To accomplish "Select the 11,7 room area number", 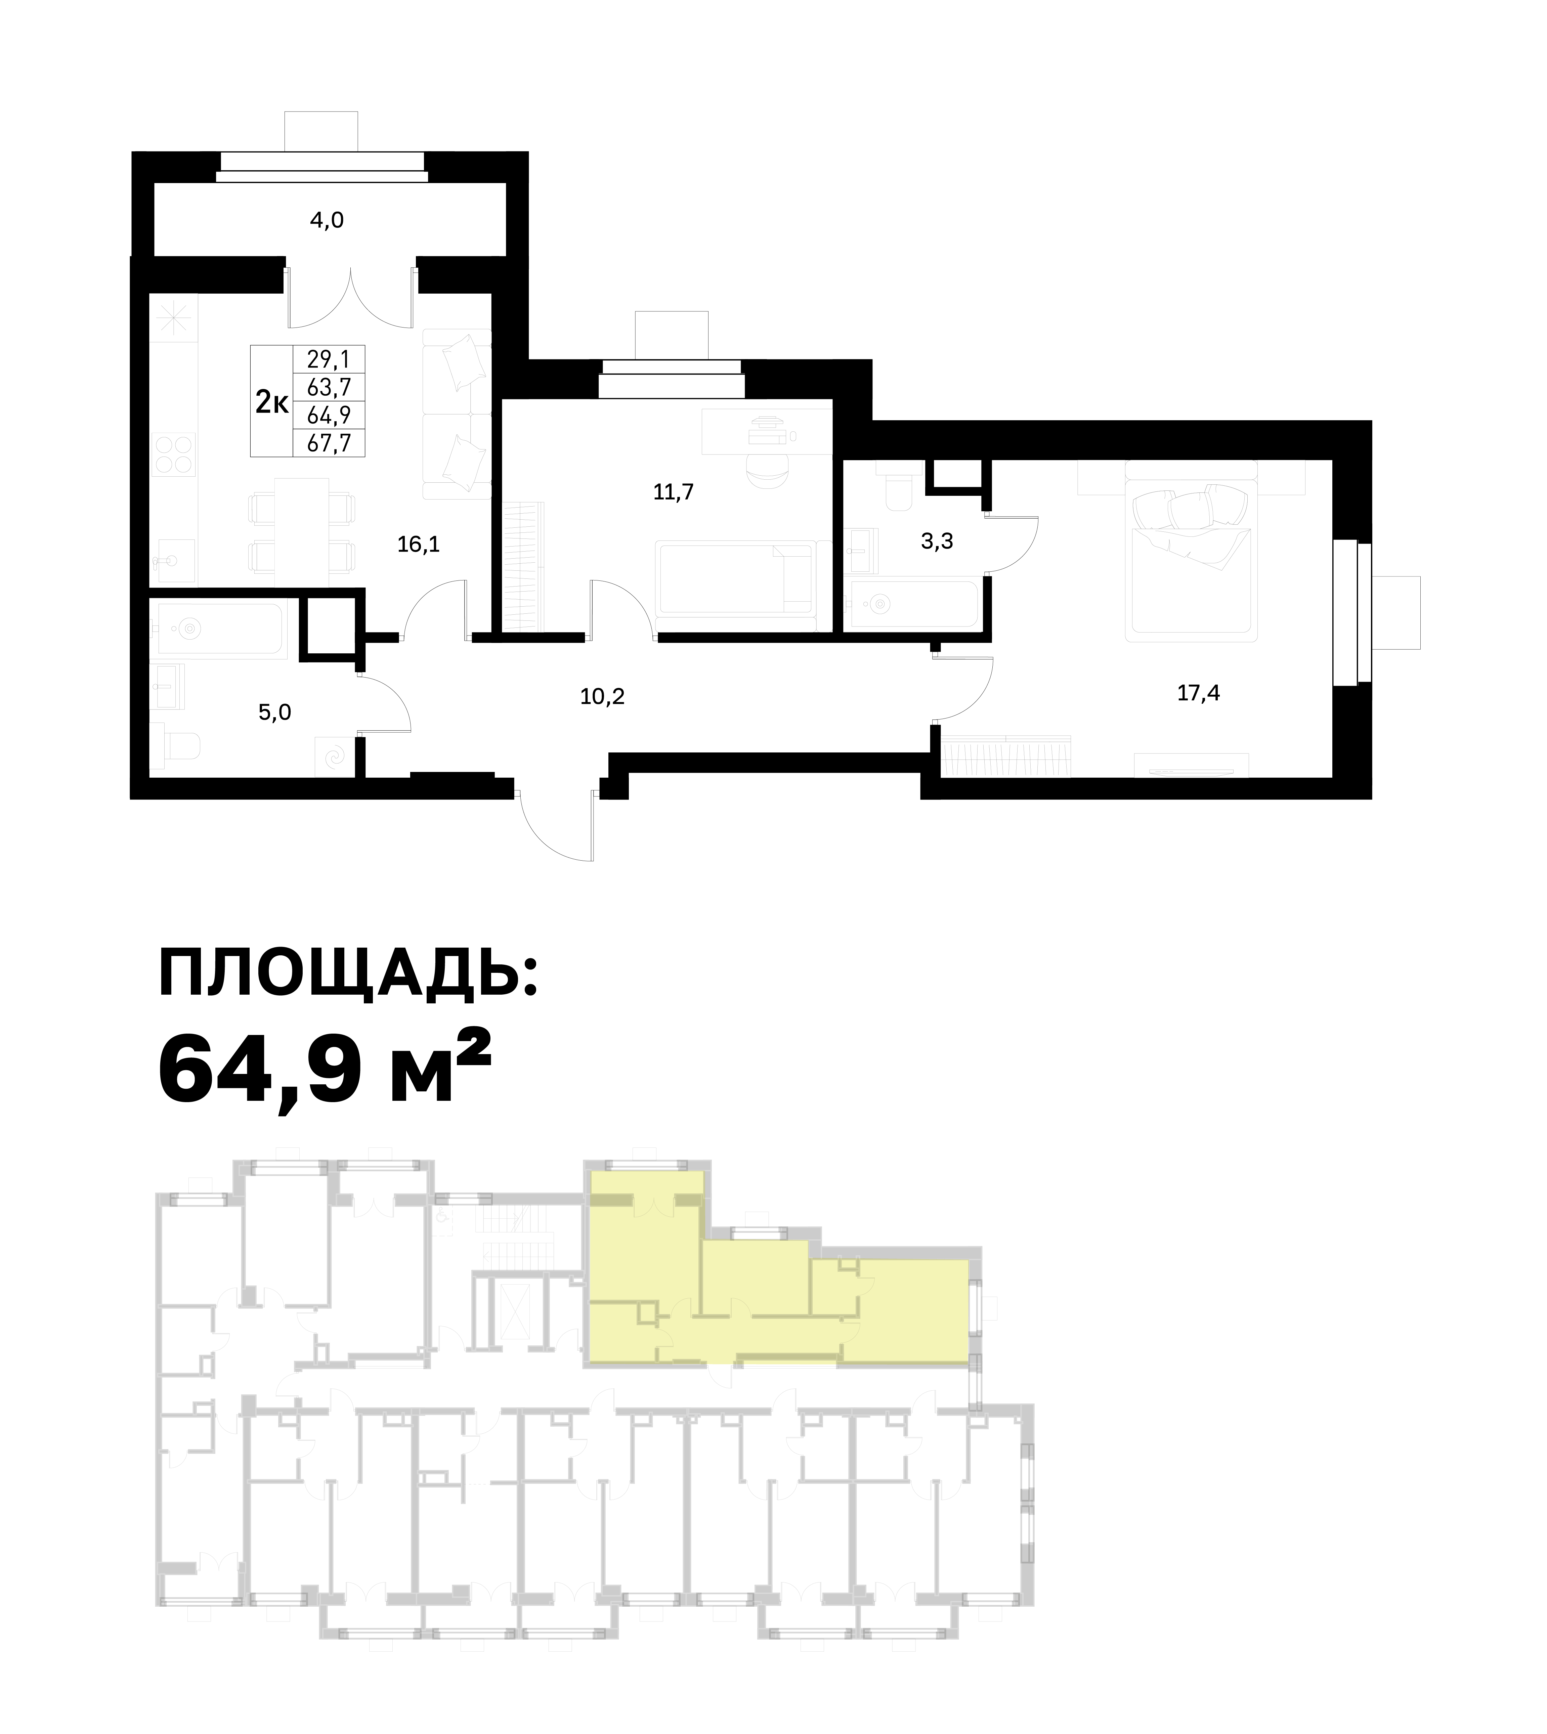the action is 673,492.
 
